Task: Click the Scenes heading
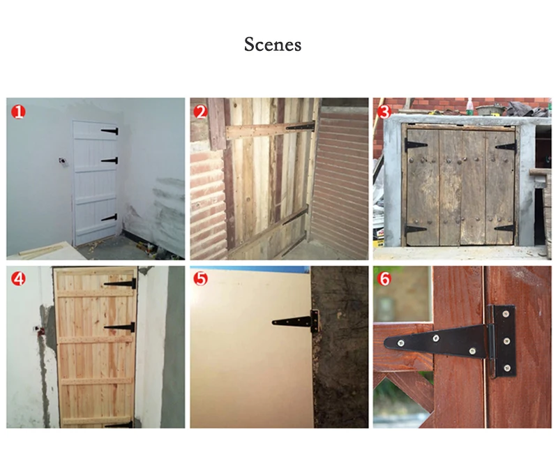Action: coord(273,45)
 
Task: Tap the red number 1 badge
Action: coord(19,112)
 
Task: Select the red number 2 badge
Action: coord(201,112)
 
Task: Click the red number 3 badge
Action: coord(384,112)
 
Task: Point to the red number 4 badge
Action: coord(19,278)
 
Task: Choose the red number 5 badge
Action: coord(201,278)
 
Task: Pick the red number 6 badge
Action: coord(384,278)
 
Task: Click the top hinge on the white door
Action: coord(110,131)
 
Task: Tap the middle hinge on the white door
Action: coord(110,160)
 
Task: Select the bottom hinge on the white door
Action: coord(110,218)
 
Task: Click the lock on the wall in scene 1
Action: coord(63,162)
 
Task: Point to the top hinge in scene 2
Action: coord(301,126)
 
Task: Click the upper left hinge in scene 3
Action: coord(416,145)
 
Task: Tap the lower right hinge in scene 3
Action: coord(505,228)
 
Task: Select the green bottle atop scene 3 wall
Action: coord(469,107)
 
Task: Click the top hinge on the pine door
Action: coord(120,284)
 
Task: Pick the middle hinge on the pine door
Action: coord(120,327)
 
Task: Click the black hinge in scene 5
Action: coord(296,322)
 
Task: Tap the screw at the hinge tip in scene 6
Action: coord(400,343)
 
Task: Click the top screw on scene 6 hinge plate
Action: coord(505,314)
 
